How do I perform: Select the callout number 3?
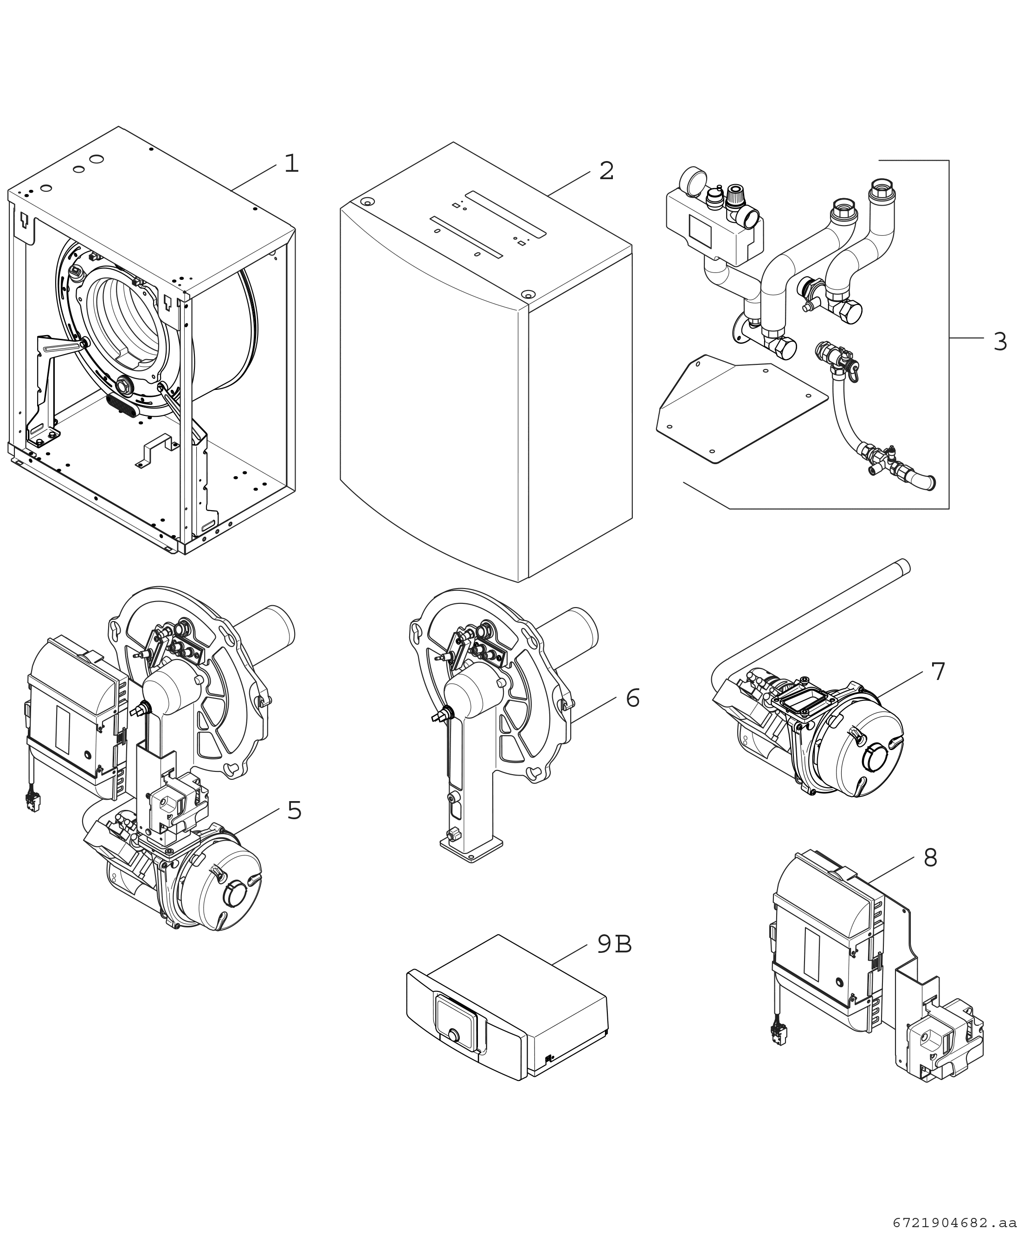tap(1000, 342)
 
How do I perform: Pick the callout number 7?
tap(938, 672)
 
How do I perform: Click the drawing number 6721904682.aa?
tap(954, 1223)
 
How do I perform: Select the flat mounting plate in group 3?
tap(742, 408)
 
